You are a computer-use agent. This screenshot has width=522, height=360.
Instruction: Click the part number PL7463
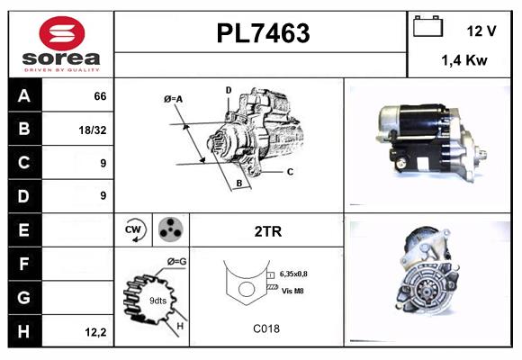point(263,33)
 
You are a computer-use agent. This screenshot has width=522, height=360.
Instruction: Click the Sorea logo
point(60,44)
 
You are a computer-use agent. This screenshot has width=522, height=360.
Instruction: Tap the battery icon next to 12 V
point(426,27)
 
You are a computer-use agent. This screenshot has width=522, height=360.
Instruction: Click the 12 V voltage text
point(481,30)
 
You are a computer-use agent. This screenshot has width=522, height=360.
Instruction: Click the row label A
point(24,95)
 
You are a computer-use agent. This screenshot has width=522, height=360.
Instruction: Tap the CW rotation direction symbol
point(134,230)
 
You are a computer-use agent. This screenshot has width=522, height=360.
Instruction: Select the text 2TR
point(267,231)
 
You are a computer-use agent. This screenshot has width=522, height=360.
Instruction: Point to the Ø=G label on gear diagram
point(176,261)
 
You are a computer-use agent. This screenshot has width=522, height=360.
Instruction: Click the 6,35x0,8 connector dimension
point(300,273)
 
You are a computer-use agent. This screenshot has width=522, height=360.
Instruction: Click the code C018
point(265,328)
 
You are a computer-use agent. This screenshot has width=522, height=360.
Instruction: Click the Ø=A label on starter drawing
point(173,98)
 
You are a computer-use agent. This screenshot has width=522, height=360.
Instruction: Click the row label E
point(24,229)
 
